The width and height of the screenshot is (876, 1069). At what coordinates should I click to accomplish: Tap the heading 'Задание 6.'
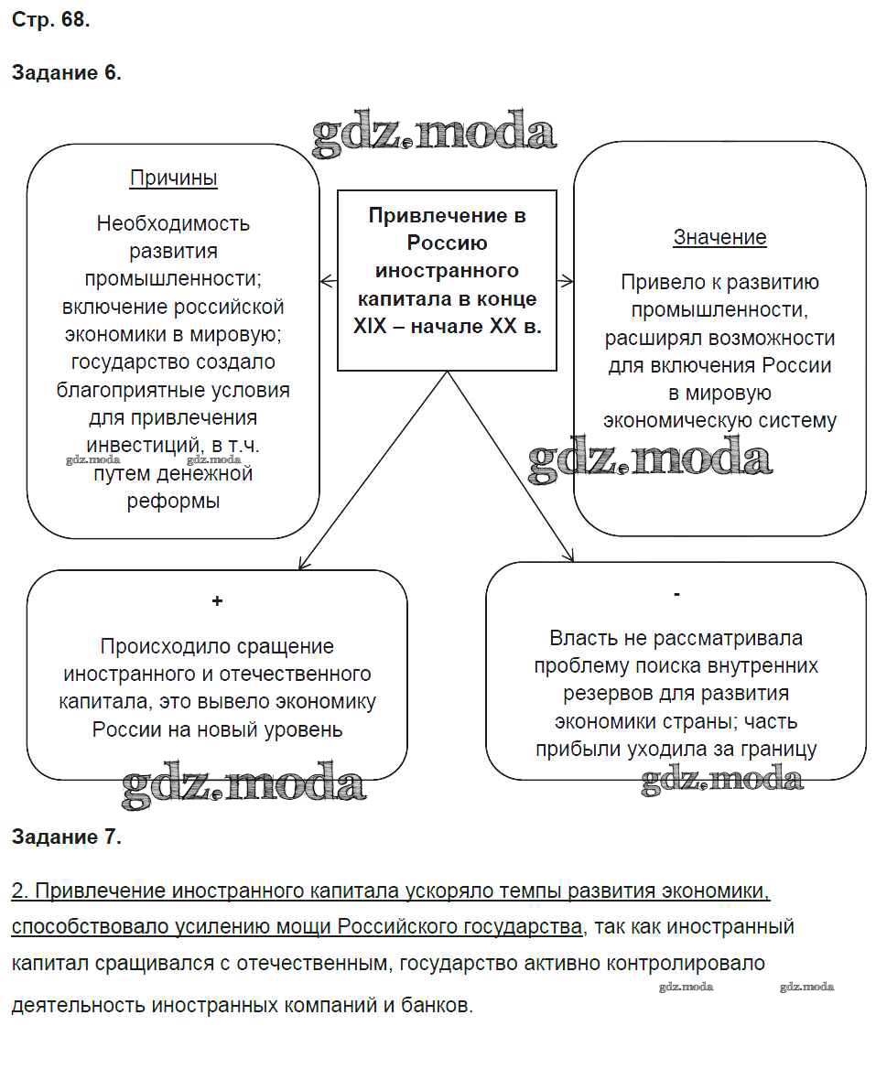[66, 73]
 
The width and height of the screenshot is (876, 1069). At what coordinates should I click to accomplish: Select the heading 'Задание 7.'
[66, 836]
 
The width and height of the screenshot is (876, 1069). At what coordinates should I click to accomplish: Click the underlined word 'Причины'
[174, 178]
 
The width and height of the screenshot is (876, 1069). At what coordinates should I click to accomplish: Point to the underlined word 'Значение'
[719, 238]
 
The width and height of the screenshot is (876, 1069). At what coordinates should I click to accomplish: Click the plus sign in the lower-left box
[217, 601]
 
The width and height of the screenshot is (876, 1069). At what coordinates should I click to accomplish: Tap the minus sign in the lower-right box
[676, 595]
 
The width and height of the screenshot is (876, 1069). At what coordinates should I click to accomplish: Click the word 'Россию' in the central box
[447, 243]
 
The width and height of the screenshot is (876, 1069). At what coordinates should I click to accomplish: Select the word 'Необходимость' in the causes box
[173, 223]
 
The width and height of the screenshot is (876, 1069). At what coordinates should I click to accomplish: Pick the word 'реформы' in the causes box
[174, 502]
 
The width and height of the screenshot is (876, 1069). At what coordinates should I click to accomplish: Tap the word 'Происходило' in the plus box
[161, 647]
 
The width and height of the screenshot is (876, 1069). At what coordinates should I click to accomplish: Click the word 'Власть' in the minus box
[583, 638]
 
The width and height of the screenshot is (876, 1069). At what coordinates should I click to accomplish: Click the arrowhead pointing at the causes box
[323, 280]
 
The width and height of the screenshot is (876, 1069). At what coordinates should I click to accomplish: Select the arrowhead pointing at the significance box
[568, 280]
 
